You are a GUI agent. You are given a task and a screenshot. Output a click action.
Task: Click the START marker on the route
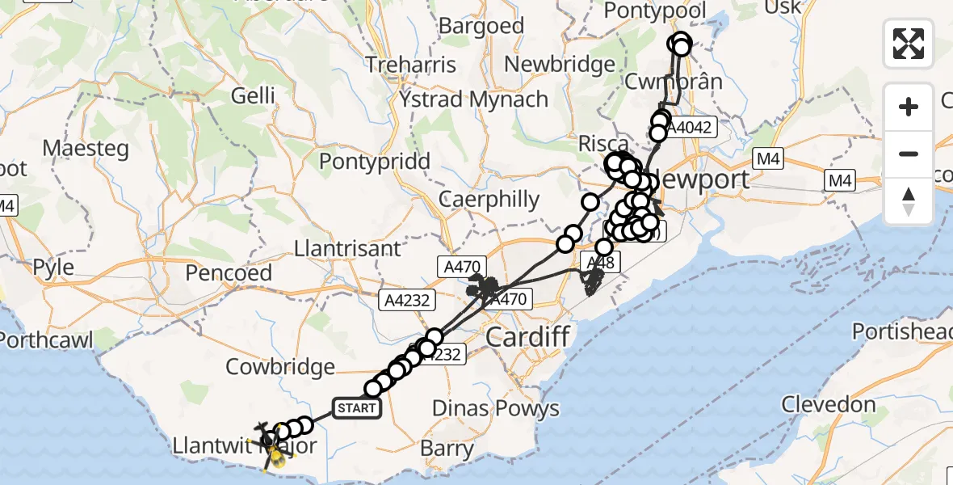point(357,408)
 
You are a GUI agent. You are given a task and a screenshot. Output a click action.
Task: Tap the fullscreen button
point(909,43)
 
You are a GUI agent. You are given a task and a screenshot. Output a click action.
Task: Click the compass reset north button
point(909,201)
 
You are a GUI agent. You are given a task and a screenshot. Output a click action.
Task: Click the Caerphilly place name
point(489,199)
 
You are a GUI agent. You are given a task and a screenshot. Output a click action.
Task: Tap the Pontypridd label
point(374,161)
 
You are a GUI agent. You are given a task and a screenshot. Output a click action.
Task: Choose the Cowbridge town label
point(280,367)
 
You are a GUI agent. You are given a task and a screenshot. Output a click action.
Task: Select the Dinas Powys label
point(495,408)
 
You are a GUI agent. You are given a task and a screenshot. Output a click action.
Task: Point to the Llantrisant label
point(348,247)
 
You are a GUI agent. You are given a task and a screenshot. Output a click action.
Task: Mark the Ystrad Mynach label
point(473,99)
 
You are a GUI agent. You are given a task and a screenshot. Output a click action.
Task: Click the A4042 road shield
point(690,127)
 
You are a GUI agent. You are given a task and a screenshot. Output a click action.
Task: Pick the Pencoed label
point(229,272)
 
